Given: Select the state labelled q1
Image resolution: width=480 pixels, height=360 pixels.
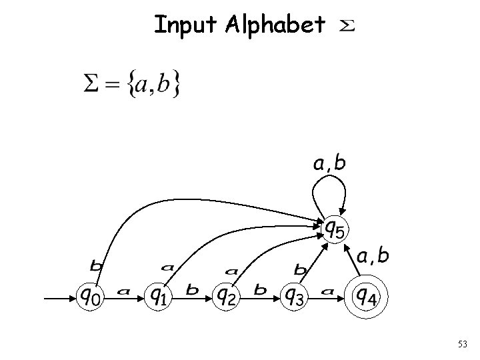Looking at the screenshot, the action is pos(158,295).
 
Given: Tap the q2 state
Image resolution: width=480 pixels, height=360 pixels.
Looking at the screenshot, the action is pos(227,295).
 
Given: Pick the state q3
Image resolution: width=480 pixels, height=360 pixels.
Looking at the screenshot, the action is pos(295,295).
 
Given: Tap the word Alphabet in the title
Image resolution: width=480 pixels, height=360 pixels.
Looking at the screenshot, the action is pos(276,25).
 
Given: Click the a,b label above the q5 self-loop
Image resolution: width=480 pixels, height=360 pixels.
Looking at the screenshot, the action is pos(329,163).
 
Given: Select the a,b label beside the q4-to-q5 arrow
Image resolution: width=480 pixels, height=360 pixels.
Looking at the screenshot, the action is pos(373,256).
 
